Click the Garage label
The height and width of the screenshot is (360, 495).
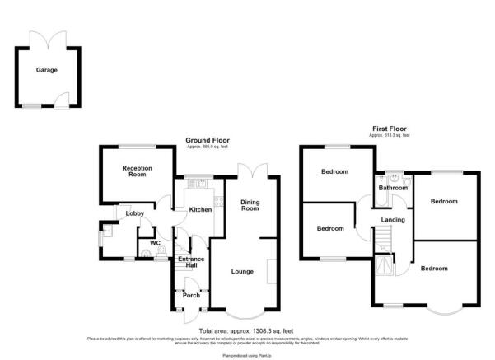(x=46, y=71)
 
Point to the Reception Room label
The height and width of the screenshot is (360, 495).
(x=138, y=171)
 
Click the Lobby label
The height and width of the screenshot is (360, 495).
(x=135, y=213)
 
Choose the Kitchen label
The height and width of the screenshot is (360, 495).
(x=201, y=209)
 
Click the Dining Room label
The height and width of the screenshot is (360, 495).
(x=250, y=205)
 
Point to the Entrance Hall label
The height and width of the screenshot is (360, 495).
(x=191, y=263)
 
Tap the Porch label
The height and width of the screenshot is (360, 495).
(x=191, y=295)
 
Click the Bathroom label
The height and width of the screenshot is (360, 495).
(x=393, y=188)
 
